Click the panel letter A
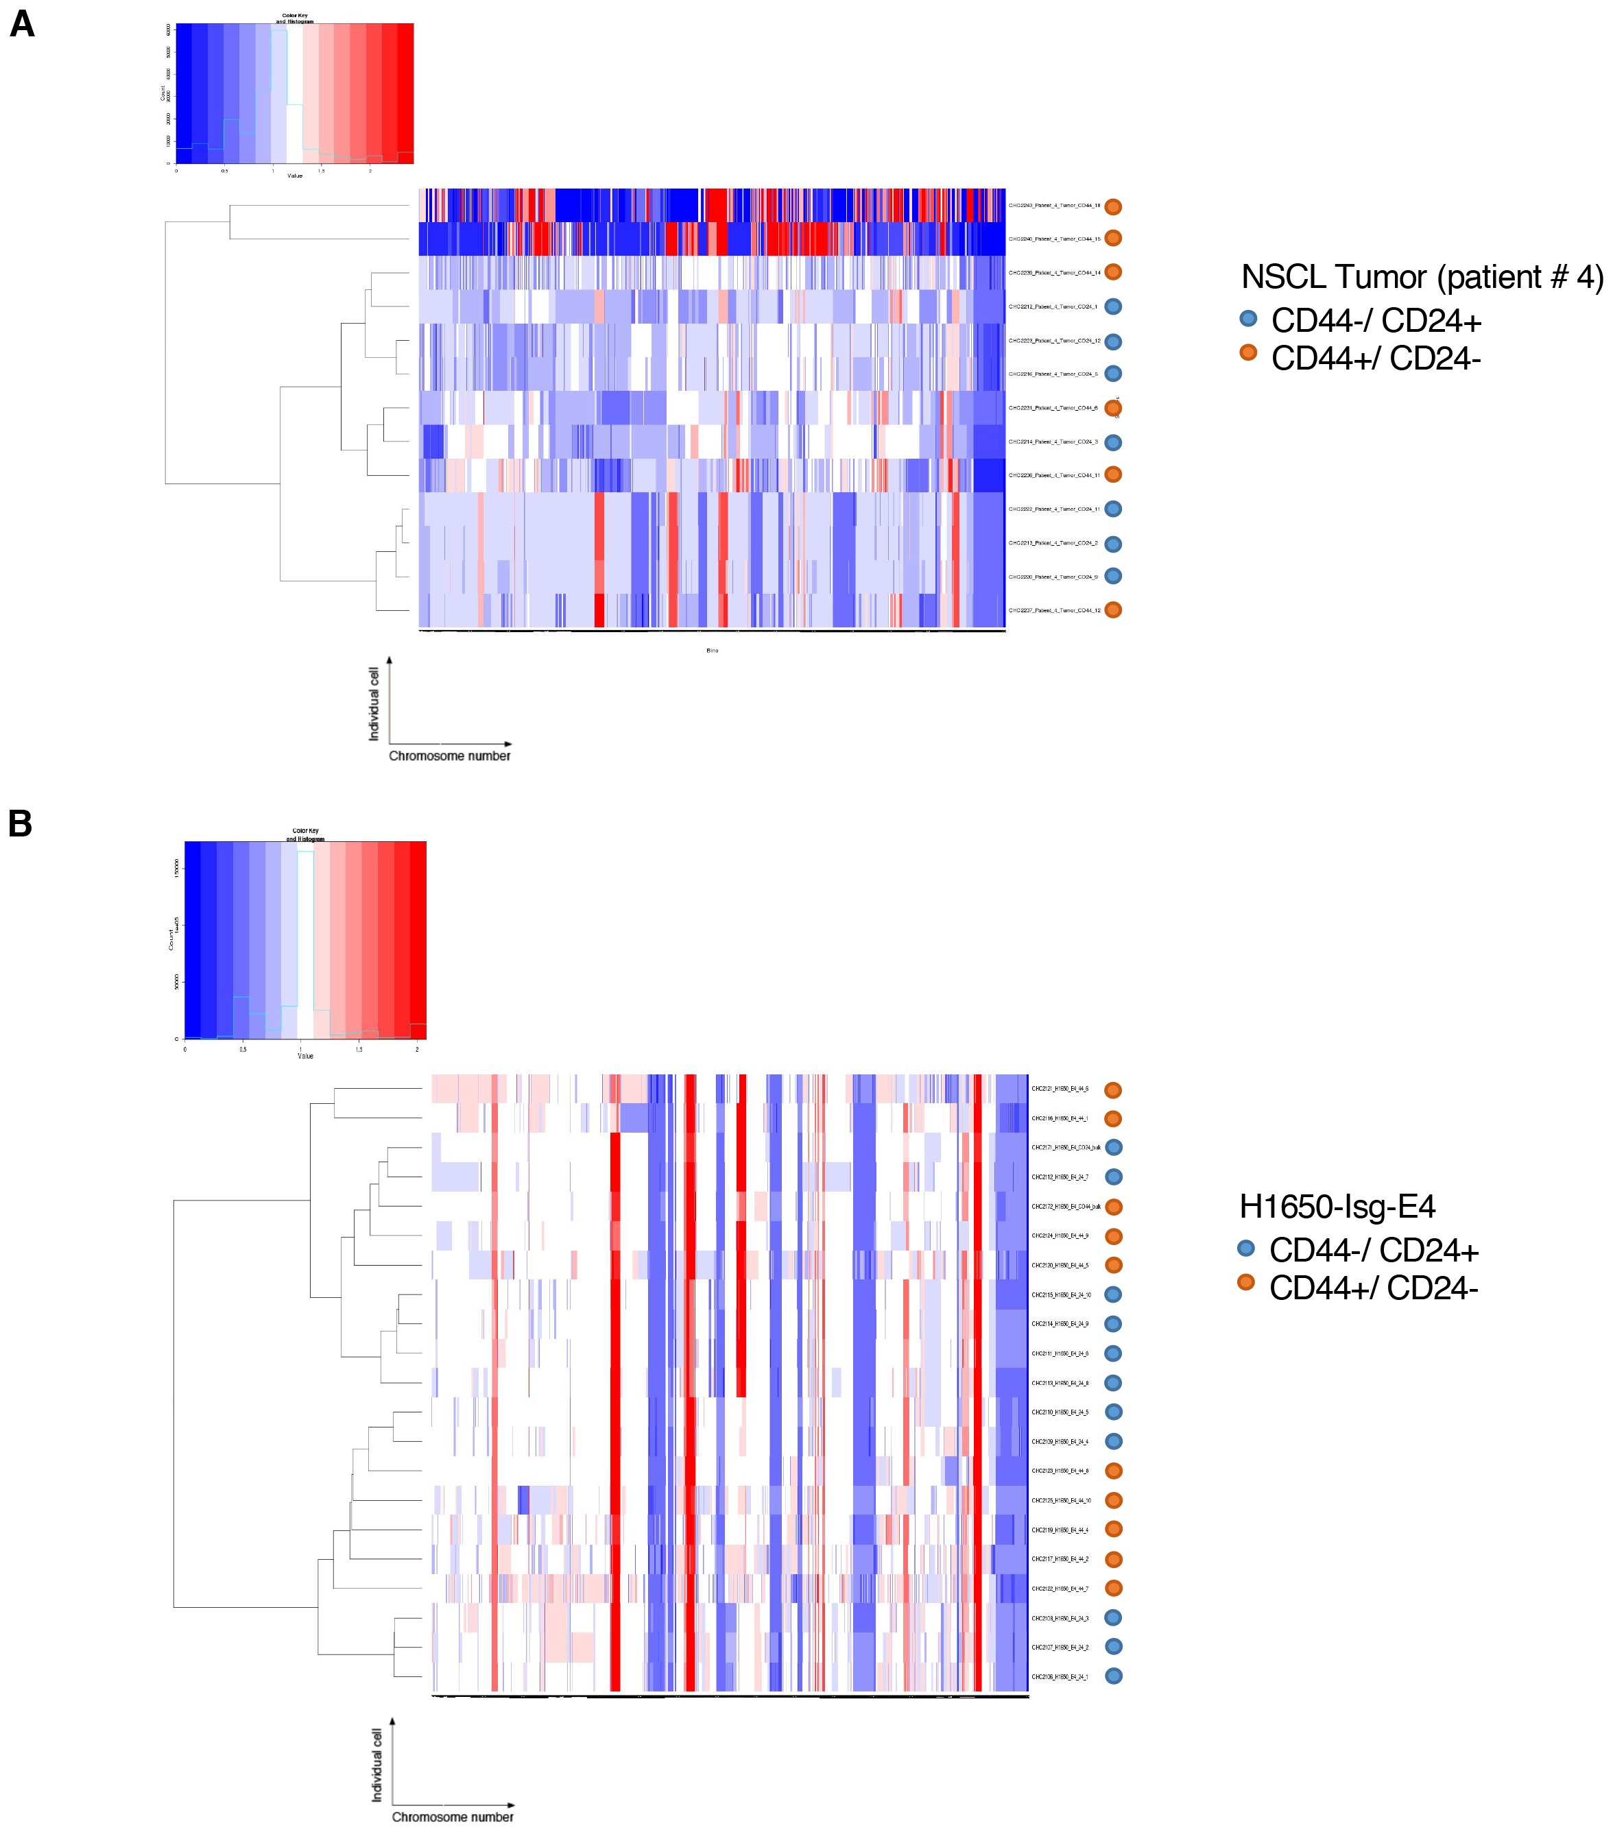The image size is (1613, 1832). click(21, 24)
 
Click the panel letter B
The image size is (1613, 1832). click(20, 823)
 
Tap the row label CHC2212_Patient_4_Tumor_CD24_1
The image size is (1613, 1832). click(1053, 306)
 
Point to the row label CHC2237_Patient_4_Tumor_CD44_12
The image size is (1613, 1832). click(1053, 610)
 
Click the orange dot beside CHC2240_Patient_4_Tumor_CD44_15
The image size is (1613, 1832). click(1112, 239)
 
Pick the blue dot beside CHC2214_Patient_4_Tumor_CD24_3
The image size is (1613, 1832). click(1112, 442)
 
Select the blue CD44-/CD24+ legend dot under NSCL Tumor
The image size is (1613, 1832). click(1248, 318)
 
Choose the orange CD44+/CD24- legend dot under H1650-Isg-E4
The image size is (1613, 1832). click(1245, 1283)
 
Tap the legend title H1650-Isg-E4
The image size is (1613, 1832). click(1337, 1207)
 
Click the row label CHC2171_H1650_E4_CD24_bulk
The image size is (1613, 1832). click(1065, 1147)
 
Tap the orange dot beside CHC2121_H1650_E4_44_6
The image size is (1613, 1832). click(1112, 1090)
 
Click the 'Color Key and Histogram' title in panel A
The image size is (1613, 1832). click(294, 18)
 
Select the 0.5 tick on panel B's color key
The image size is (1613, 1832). click(243, 1048)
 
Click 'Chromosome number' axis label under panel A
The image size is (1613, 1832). click(449, 756)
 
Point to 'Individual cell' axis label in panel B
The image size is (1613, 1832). click(377, 1764)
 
